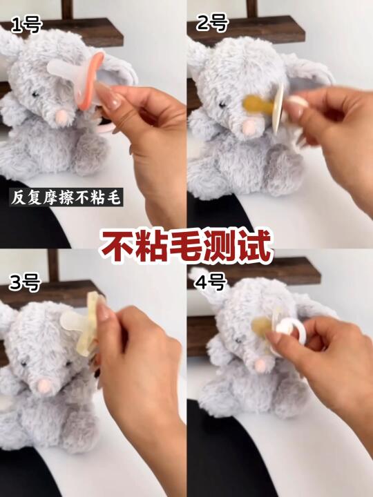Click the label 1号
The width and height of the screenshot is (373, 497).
(x=27, y=26)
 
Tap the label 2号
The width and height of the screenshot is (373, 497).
(x=212, y=23)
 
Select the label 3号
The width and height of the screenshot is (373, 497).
(x=25, y=282)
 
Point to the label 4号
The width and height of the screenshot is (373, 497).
(x=211, y=282)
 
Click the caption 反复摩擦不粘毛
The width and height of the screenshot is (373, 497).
(x=66, y=197)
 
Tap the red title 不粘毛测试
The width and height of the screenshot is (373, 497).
(x=186, y=246)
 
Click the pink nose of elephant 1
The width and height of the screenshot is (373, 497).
(x=61, y=116)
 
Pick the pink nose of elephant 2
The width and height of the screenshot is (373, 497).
(x=249, y=128)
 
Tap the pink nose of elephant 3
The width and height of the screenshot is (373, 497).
(x=44, y=386)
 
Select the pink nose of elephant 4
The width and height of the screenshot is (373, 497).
(x=261, y=365)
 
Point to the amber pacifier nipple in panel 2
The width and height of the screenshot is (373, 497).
(x=258, y=105)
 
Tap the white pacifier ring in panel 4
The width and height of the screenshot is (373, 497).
(x=291, y=331)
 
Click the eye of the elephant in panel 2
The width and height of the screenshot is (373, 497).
(x=222, y=105)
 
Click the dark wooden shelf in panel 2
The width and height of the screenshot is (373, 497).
(x=246, y=31)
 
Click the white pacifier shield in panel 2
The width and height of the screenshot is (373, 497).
(x=278, y=108)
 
